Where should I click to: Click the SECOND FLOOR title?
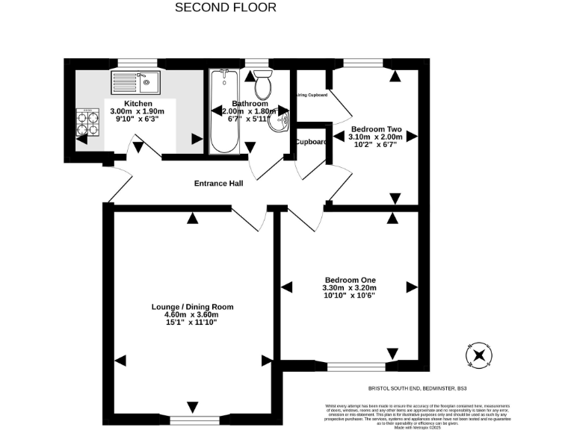click(x=225, y=7)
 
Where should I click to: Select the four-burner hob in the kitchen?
click(x=87, y=122)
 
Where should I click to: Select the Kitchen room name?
click(x=138, y=103)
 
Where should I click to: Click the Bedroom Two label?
click(x=377, y=128)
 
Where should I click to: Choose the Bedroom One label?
click(x=349, y=279)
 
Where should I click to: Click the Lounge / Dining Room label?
click(x=192, y=307)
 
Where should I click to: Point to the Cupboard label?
click(x=311, y=142)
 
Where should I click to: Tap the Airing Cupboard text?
click(x=312, y=95)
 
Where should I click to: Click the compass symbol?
click(x=478, y=355)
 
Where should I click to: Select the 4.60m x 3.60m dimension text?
click(x=192, y=315)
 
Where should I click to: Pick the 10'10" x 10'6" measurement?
click(x=349, y=296)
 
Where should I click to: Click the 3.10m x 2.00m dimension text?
click(x=377, y=137)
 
